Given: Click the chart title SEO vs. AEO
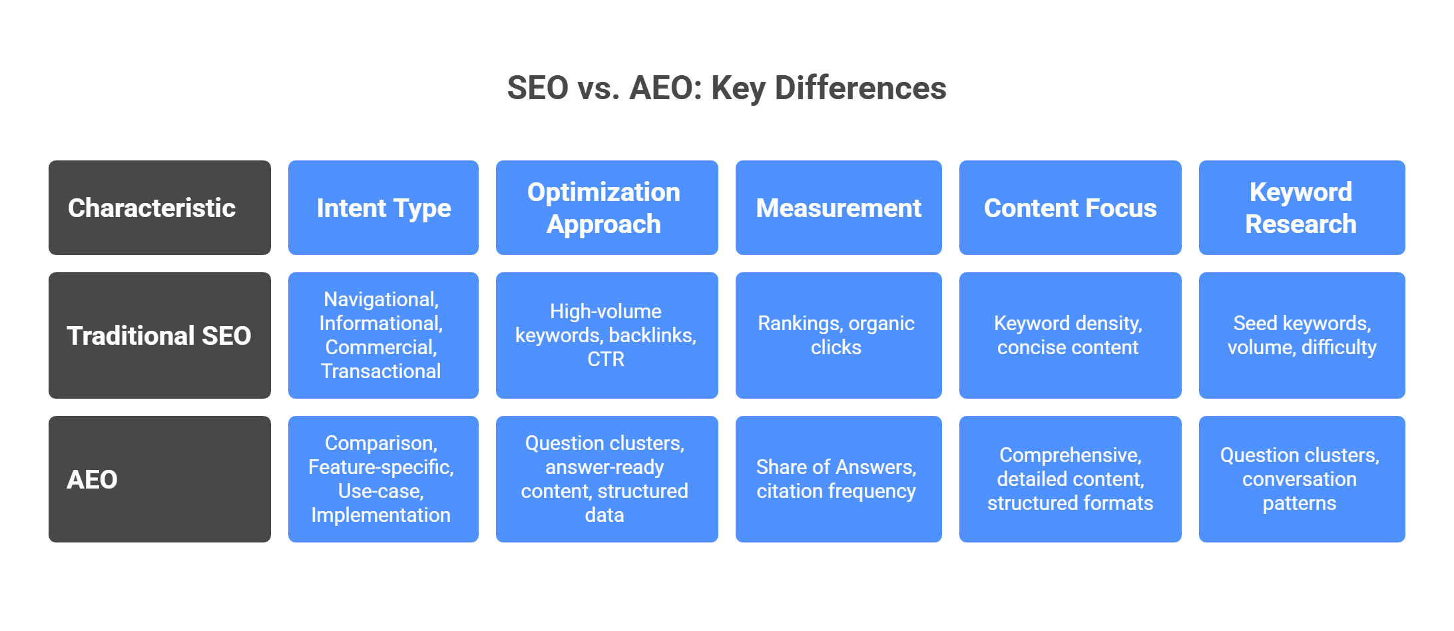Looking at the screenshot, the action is (x=726, y=88).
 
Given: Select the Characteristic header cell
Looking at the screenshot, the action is (x=160, y=208).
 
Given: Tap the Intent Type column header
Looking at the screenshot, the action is (x=383, y=208).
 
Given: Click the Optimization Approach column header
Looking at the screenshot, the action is (x=606, y=208).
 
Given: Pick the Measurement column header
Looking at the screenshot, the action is (x=838, y=208).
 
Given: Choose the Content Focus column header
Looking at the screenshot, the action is (x=1070, y=208).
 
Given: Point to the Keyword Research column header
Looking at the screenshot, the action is (x=1302, y=208).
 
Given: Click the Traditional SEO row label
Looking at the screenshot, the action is (x=160, y=335).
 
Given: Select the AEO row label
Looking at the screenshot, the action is (x=160, y=479).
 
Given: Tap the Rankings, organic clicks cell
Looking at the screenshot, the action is (x=838, y=335).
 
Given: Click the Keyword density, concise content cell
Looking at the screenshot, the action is (x=1070, y=335).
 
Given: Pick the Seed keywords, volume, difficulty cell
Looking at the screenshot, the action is (x=1302, y=335).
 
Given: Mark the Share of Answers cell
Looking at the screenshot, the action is (x=838, y=479).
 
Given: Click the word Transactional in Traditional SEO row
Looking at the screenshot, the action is (x=381, y=371).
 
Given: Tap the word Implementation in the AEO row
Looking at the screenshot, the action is (x=381, y=515).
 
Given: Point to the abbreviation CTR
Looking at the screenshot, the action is (x=606, y=359).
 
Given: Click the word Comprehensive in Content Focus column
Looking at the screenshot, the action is (x=1070, y=455).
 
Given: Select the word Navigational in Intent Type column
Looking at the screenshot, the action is (x=381, y=300).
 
